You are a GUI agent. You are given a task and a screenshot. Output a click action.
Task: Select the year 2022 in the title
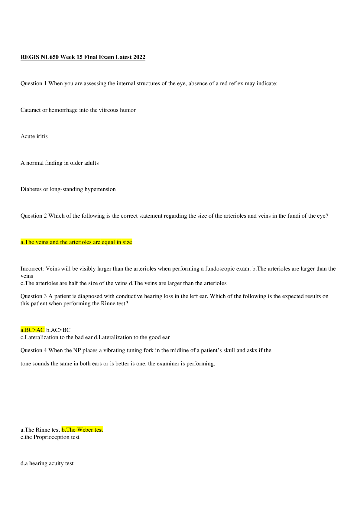(139, 57)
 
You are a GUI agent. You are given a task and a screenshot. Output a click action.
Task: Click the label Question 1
(34, 84)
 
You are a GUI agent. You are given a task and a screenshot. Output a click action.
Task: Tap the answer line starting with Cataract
(78, 110)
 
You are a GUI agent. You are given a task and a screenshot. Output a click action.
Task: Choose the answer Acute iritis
(34, 136)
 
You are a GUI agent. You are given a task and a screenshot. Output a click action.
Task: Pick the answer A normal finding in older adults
(60, 163)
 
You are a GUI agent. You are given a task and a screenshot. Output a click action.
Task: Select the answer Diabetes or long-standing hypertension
(68, 189)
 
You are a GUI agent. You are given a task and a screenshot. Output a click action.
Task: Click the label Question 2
(34, 216)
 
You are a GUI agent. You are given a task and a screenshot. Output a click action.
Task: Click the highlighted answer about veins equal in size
(76, 242)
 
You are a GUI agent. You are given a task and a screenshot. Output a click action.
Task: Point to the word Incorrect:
(32, 269)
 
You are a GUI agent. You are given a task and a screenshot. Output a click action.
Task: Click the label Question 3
(34, 296)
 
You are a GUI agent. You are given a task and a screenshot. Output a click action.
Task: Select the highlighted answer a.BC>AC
(33, 330)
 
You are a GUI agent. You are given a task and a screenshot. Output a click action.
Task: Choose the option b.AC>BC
(58, 330)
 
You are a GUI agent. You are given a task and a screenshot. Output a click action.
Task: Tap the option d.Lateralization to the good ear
(132, 337)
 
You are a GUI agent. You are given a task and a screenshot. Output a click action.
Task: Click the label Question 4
(34, 350)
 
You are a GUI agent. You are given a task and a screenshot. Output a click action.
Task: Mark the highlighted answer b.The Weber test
(82, 430)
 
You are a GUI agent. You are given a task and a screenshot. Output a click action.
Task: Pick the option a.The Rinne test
(40, 430)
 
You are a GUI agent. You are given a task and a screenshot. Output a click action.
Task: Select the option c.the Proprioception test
(50, 437)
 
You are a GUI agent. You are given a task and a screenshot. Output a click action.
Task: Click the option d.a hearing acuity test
(47, 464)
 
